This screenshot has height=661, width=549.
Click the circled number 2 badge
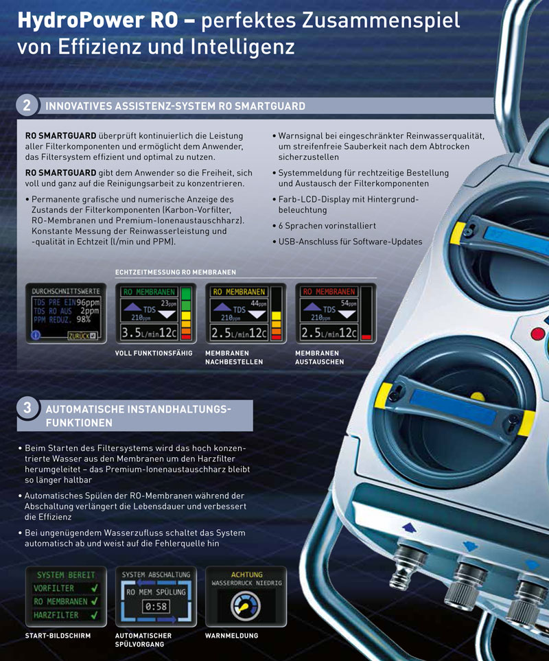tap(27, 105)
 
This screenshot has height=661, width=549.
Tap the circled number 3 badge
tap(27, 408)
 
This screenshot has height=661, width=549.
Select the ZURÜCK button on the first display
tap(83, 336)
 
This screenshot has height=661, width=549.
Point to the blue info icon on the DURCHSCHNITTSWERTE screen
tap(36, 335)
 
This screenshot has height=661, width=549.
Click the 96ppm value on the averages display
tap(88, 302)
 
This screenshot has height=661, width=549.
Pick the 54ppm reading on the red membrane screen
tap(349, 303)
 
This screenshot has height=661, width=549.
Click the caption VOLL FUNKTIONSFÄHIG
tap(154, 353)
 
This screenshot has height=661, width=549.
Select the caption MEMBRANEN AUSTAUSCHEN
tap(319, 358)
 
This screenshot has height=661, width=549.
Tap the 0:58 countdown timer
tap(156, 607)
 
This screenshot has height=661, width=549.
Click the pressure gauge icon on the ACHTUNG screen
tap(246, 606)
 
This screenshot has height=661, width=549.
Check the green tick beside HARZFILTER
tap(94, 615)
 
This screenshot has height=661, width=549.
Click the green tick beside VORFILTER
tap(94, 588)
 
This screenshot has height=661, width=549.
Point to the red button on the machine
tap(537, 334)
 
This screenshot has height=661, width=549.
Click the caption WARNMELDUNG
tap(231, 636)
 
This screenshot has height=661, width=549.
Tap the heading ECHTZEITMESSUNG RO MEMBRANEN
tap(175, 272)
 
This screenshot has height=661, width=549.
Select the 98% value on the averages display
tap(84, 319)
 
